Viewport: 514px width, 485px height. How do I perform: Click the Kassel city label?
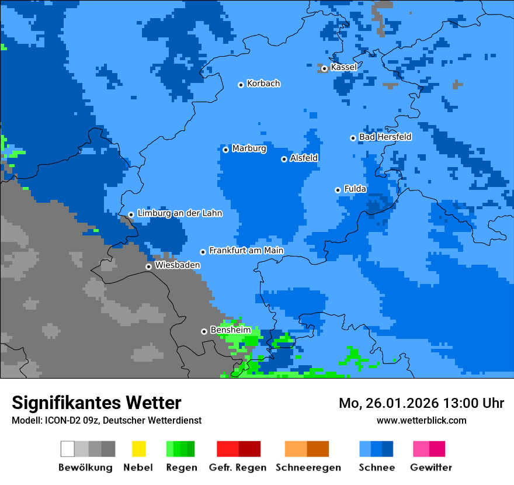(x=343, y=67)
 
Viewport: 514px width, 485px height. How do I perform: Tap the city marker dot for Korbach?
(x=241, y=85)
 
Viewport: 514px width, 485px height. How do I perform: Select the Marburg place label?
(x=249, y=148)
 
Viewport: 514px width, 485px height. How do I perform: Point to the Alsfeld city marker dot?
(x=284, y=159)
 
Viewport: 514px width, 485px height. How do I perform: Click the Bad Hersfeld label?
(x=385, y=137)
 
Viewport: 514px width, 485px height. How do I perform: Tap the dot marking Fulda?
(x=338, y=190)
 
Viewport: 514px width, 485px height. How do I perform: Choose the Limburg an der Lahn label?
(x=179, y=213)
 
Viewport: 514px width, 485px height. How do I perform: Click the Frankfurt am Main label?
(x=246, y=250)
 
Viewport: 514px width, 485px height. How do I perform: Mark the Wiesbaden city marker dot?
(x=148, y=266)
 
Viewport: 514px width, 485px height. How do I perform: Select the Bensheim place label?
(x=230, y=330)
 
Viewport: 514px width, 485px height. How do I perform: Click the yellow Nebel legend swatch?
(x=138, y=449)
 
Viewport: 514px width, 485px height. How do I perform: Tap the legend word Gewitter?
(x=431, y=467)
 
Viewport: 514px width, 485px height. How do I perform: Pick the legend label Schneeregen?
(x=308, y=467)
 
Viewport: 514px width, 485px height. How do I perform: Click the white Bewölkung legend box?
(x=68, y=449)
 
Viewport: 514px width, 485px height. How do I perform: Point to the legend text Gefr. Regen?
(x=238, y=467)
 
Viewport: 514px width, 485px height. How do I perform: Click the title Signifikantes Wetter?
(x=96, y=403)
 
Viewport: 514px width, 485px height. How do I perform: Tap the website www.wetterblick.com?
(x=421, y=421)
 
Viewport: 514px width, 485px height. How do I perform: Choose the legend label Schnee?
(x=376, y=467)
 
